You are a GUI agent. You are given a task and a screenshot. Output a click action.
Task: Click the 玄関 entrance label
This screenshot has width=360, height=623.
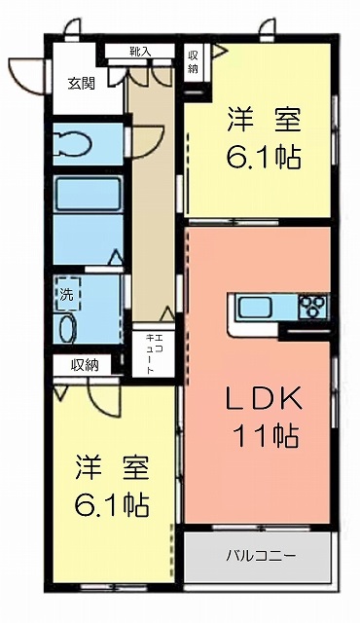coord(82,84)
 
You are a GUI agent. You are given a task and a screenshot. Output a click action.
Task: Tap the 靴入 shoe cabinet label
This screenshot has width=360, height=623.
coord(140,51)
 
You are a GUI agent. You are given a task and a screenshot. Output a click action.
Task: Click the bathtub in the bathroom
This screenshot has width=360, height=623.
coord(89,195)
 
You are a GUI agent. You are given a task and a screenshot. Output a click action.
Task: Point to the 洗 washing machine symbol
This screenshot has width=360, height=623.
coord(67,294)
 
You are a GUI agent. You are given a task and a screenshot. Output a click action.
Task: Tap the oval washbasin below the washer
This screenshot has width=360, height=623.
coord(68,328)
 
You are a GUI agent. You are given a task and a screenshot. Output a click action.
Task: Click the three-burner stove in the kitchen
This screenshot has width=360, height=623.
coord(314,306)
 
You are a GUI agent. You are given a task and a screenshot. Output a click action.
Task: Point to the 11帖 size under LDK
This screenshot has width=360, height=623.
coord(268,436)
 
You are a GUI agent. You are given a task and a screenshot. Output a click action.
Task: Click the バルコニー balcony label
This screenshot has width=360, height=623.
coord(261,555)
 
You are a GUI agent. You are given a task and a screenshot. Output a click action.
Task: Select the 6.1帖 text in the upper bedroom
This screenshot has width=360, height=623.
coord(263,157)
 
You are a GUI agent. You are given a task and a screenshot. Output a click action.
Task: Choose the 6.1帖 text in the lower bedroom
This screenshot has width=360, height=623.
coord(112,504)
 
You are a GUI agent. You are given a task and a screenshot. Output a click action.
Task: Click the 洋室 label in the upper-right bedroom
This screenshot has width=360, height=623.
coord(264,119)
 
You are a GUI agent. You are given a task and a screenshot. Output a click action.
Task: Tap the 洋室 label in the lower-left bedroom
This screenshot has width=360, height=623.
coord(112,467)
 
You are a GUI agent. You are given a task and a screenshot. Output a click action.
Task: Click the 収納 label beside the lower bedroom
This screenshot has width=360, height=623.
coord(85,364)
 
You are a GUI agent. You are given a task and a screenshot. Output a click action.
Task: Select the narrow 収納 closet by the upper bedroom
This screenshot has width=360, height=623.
coord(193,62)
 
